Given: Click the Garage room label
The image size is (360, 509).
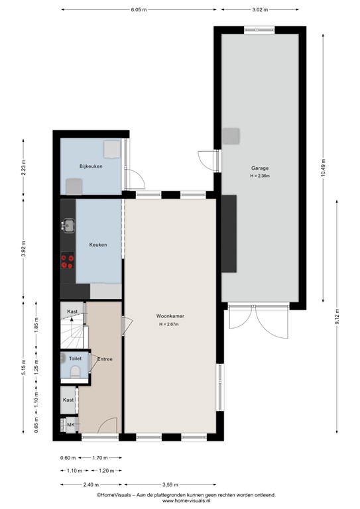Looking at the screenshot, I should pyautogui.click(x=259, y=168).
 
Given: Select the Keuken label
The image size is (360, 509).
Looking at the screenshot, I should pyautogui.click(x=98, y=245).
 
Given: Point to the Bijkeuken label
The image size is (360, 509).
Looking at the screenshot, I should pyautogui.click(x=90, y=166).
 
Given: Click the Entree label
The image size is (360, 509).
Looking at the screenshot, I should pyautogui.click(x=105, y=359).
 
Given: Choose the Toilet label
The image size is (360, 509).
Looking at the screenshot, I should pyautogui.click(x=75, y=358).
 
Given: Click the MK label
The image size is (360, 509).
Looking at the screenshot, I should pyautogui.click(x=70, y=424).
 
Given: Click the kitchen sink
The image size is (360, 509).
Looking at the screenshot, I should pyautogui.click(x=67, y=227).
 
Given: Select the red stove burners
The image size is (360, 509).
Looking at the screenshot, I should pyautogui.click(x=67, y=261).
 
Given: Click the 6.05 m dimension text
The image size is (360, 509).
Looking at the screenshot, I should pyautogui.click(x=139, y=10).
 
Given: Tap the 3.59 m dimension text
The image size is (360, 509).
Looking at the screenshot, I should pyautogui.click(x=171, y=484).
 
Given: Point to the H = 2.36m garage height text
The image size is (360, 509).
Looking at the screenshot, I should pyautogui.click(x=259, y=176).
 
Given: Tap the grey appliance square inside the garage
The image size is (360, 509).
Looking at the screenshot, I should pyautogui.click(x=230, y=137).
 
